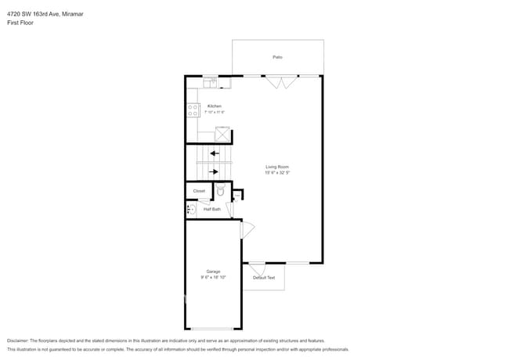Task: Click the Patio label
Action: coord(277,57)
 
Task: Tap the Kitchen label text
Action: coord(215,106)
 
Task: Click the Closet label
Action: coord(199,191)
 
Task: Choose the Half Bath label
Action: coord(212,209)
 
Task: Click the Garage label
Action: coord(213,271)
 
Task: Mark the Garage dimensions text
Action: coord(213,277)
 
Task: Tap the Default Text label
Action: coord(264,277)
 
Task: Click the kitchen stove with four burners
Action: coord(192,110)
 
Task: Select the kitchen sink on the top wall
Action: coord(210,81)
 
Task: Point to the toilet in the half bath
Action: coord(220,190)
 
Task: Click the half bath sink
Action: coord(190,209)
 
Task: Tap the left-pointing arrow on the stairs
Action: coord(215,153)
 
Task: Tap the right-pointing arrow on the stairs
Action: coord(215,171)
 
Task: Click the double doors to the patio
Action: coord(280,81)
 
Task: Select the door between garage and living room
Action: coord(247,229)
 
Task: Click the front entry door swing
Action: coord(256,268)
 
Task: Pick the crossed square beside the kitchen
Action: coord(222,134)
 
